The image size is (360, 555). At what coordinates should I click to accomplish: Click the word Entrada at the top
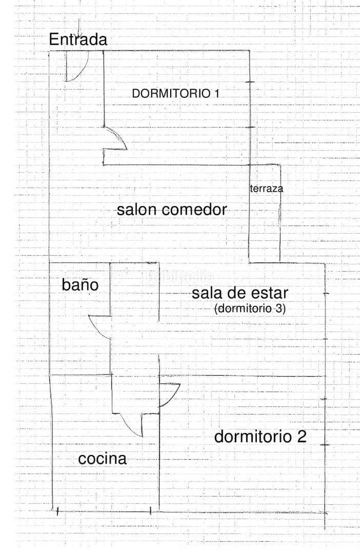point(78,39)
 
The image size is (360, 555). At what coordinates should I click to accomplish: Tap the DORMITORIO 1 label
point(175,94)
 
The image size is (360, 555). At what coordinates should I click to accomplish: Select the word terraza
point(267,188)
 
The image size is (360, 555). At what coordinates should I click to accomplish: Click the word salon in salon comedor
point(136,209)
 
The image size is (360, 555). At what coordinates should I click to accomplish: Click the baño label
point(80,284)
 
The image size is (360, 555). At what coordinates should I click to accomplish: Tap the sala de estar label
point(239,293)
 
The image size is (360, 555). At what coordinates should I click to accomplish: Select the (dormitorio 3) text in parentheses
point(250,309)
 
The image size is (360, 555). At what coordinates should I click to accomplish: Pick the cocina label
point(103,459)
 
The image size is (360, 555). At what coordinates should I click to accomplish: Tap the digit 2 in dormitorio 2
point(301,437)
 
